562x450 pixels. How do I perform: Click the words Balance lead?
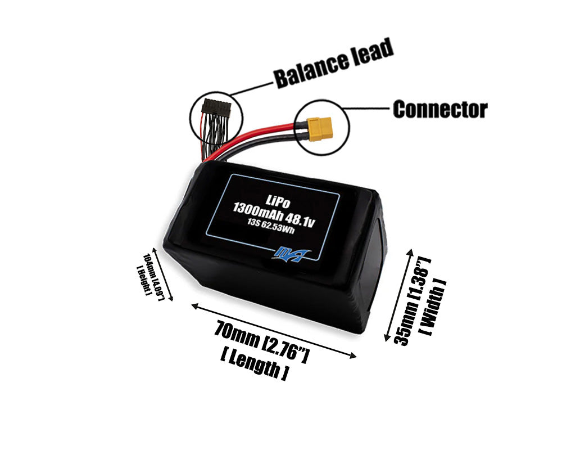coord(333,63)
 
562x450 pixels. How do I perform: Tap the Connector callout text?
coord(439,109)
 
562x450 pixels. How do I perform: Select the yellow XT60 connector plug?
coord(321,129)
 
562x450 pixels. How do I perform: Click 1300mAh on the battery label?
coord(259,214)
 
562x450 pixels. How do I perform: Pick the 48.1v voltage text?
coord(298,220)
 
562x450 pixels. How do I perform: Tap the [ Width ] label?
coord(433,307)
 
